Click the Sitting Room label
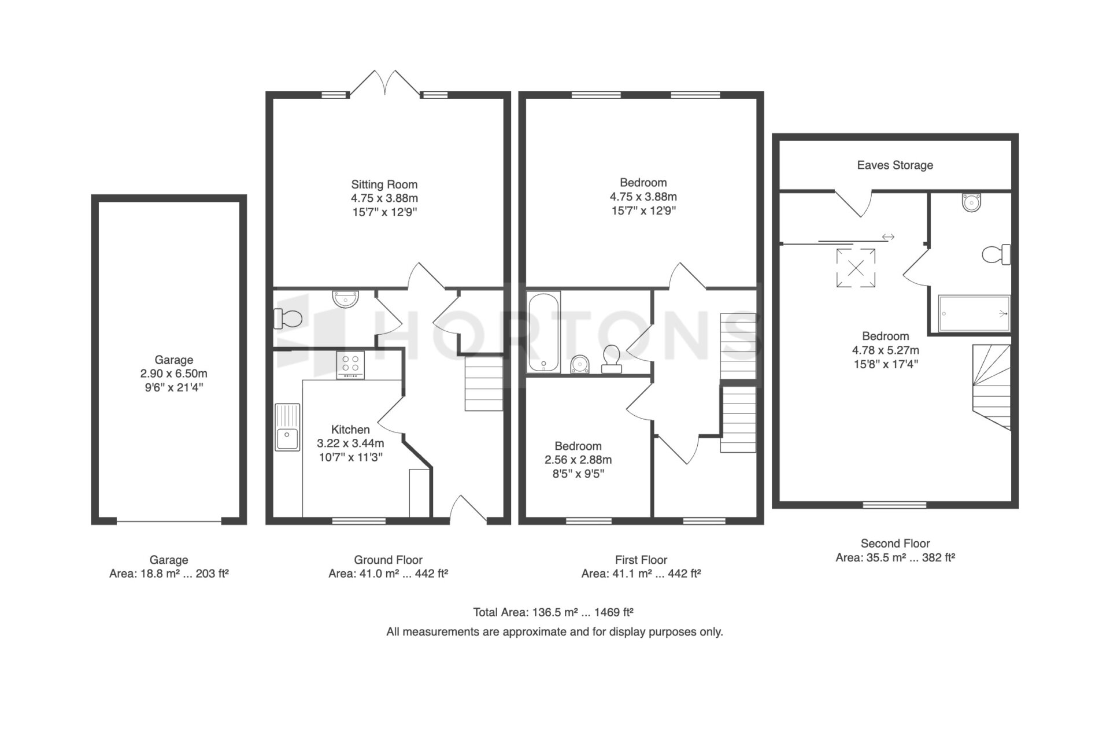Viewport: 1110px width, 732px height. [x=384, y=184]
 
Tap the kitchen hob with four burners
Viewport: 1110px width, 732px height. [x=350, y=365]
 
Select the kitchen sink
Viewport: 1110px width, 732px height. [x=287, y=427]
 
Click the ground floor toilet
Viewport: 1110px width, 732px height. [x=288, y=318]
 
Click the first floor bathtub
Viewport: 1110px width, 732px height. [x=543, y=332]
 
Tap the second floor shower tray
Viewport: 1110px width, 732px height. [x=974, y=313]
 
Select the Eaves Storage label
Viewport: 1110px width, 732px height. [x=895, y=165]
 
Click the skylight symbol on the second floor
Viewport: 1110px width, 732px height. [x=856, y=268]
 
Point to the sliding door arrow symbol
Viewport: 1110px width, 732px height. [x=888, y=237]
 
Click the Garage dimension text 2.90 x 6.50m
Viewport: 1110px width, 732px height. [x=173, y=374]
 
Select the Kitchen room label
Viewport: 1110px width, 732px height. [x=350, y=430]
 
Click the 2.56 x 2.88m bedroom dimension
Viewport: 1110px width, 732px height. [x=578, y=460]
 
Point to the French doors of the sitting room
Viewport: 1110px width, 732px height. [x=385, y=83]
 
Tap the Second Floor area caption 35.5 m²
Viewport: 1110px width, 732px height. [x=895, y=558]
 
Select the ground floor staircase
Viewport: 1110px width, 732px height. [x=484, y=383]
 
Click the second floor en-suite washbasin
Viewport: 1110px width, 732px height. [x=972, y=202]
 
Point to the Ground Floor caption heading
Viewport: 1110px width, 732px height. [x=388, y=560]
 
